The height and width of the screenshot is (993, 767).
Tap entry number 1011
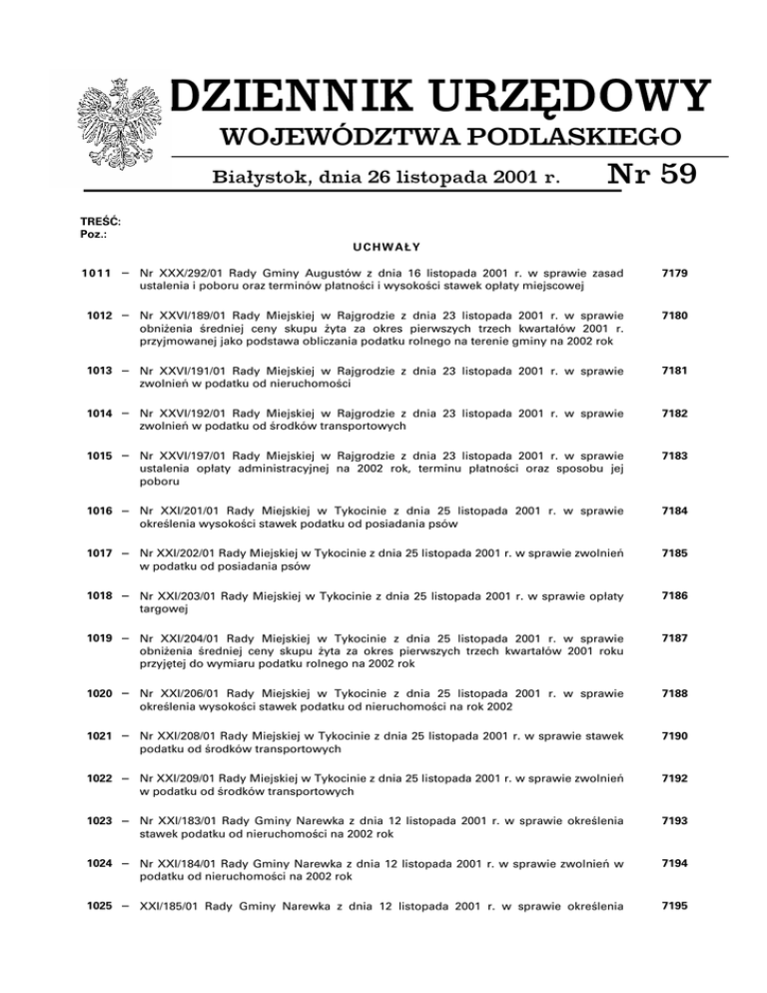pos(102,273)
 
